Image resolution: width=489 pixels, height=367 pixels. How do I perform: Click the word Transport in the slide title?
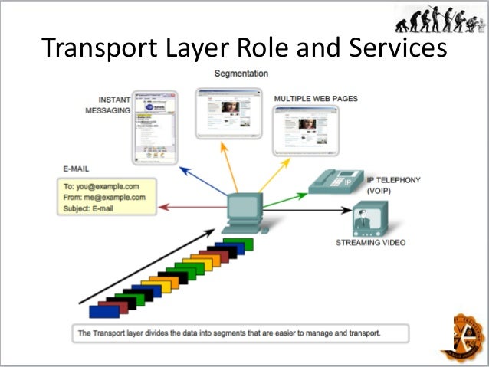point(94,49)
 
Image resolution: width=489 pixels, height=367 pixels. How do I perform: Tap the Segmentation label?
point(241,74)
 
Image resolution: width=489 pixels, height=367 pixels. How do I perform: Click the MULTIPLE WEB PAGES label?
point(316,99)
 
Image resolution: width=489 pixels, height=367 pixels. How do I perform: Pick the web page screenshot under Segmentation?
point(228,113)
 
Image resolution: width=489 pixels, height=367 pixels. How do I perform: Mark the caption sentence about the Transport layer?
point(229,333)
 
